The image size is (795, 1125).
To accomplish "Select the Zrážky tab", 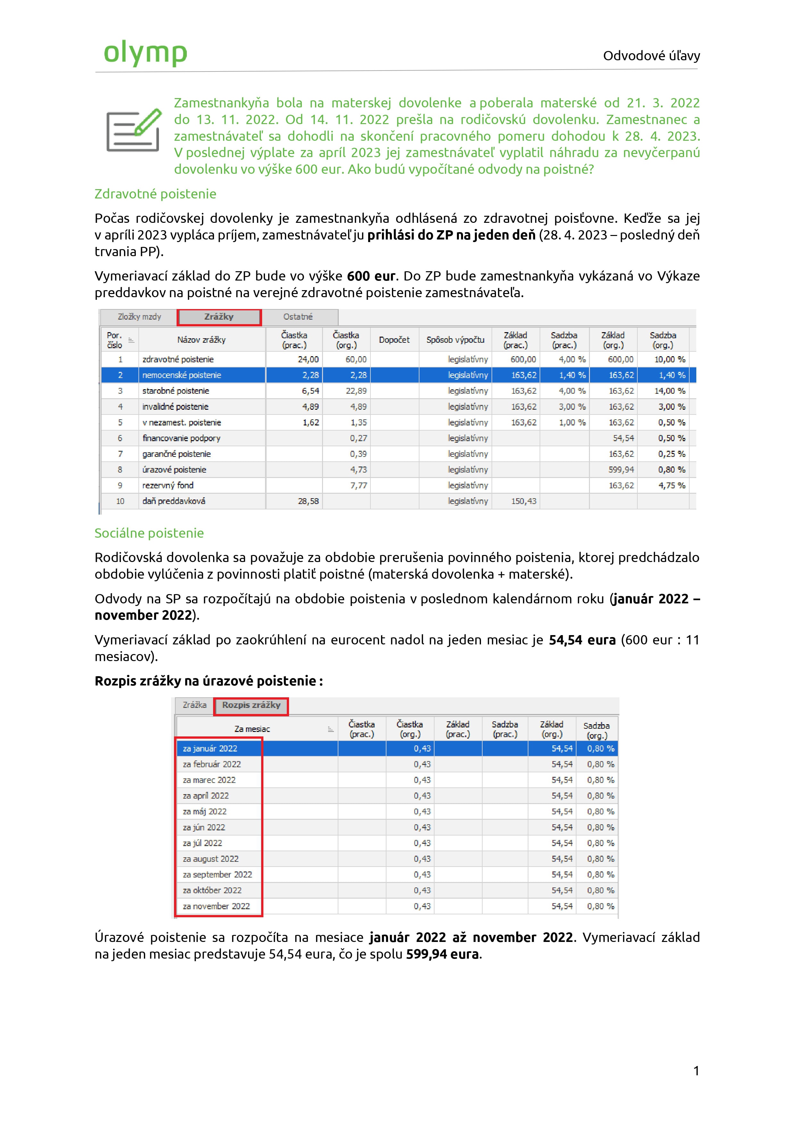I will click(x=219, y=317).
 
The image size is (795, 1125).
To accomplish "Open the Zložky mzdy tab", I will click(x=139, y=317).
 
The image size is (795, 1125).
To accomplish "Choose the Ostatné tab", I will click(x=298, y=317).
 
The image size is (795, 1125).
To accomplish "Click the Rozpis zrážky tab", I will click(x=251, y=706).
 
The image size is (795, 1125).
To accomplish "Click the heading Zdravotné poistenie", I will click(x=155, y=194).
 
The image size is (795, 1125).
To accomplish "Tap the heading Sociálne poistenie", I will click(x=149, y=533).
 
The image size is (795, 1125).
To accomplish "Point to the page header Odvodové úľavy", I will click(x=651, y=56).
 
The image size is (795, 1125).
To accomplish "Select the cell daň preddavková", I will click(x=174, y=501).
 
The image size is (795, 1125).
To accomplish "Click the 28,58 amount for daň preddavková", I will click(x=308, y=501).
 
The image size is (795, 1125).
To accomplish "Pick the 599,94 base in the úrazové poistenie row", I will click(x=621, y=470).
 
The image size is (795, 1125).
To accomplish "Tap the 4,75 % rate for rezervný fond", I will click(x=671, y=486).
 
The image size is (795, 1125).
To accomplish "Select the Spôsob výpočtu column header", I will click(x=455, y=340).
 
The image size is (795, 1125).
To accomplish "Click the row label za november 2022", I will click(x=217, y=906).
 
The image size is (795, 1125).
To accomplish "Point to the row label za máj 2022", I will click(x=205, y=812).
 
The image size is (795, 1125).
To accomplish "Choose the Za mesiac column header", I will click(x=252, y=729).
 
